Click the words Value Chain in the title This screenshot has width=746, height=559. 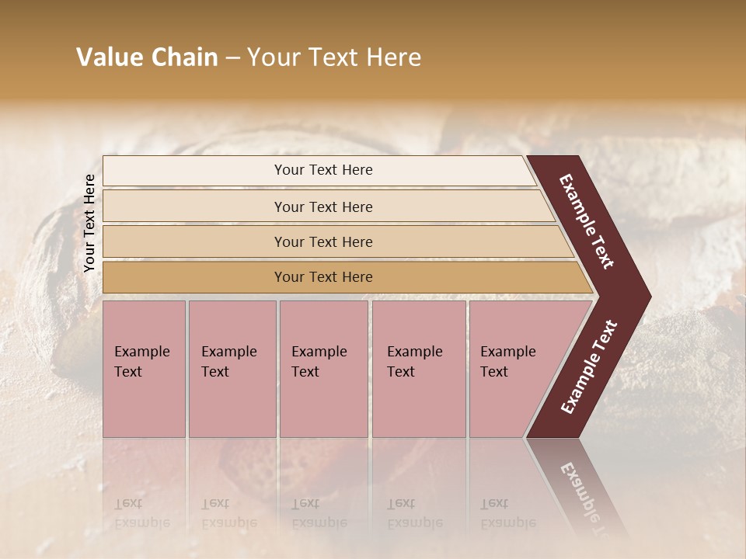[x=147, y=57]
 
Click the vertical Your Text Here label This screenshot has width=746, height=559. [x=90, y=223]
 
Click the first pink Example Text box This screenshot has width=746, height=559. [x=144, y=369]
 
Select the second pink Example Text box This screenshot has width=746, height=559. [x=232, y=369]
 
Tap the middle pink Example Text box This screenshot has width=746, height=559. [x=323, y=369]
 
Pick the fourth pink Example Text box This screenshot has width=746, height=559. [x=419, y=369]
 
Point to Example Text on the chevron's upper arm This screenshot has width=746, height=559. [x=587, y=221]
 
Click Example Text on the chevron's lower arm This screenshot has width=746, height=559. [x=589, y=367]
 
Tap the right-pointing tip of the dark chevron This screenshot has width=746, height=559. [x=641, y=297]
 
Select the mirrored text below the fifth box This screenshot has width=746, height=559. [x=508, y=513]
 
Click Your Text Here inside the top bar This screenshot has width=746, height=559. [x=323, y=170]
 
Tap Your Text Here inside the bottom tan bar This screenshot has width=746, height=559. [x=323, y=277]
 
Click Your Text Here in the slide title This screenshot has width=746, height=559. [x=334, y=57]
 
